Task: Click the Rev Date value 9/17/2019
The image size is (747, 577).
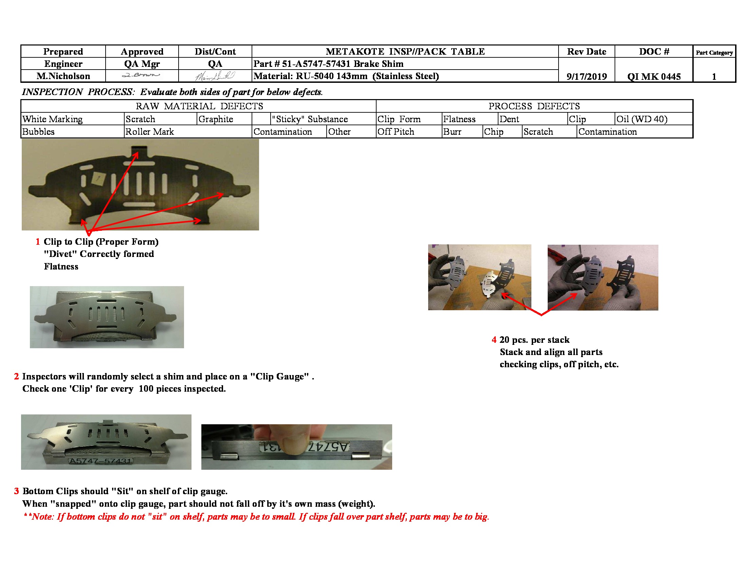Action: point(586,76)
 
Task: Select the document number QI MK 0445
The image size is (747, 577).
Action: point(654,76)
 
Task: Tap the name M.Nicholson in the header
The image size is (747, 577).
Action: point(63,76)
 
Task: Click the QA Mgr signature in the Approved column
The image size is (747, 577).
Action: point(141,75)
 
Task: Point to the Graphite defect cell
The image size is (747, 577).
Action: point(216,119)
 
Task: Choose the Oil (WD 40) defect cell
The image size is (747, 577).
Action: point(642,119)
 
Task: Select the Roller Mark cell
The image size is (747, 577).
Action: point(150,132)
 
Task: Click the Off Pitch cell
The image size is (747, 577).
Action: point(396,132)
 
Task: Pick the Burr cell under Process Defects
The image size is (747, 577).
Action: point(452,132)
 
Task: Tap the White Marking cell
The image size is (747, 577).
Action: point(53,119)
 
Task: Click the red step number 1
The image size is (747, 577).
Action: point(38,242)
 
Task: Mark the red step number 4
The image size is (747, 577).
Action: point(494,340)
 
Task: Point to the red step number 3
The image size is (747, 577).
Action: point(16,491)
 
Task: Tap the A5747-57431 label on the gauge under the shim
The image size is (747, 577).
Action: point(101,461)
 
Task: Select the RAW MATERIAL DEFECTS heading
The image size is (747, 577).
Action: point(199,106)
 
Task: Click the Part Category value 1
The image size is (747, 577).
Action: point(714,77)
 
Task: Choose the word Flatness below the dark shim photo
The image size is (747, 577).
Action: point(61,267)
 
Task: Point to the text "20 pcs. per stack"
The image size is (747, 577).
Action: point(534,340)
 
